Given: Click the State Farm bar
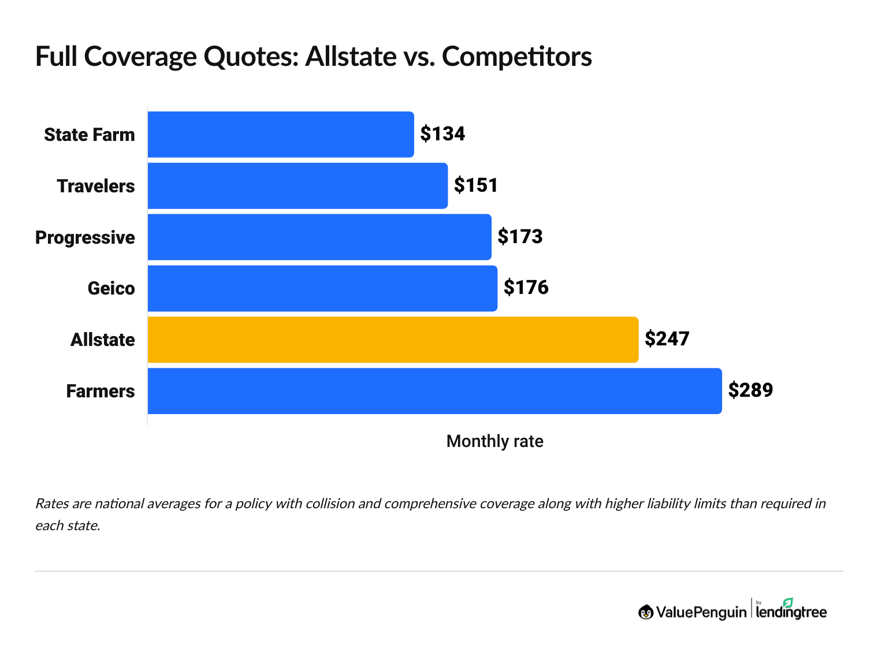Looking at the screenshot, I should pyautogui.click(x=281, y=135).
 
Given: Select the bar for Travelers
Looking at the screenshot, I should pyautogui.click(x=297, y=186).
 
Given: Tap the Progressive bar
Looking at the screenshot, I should pyautogui.click(x=319, y=237).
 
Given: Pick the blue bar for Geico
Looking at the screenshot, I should pyautogui.click(x=322, y=288).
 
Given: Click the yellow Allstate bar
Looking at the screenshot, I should pyautogui.click(x=393, y=340).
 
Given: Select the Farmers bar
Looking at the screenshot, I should pyautogui.click(x=434, y=391).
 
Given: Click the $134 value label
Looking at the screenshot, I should pyautogui.click(x=442, y=134).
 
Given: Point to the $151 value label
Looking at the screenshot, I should pyautogui.click(x=476, y=185).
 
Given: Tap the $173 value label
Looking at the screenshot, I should pyautogui.click(x=520, y=237).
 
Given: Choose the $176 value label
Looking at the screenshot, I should pyautogui.click(x=526, y=288).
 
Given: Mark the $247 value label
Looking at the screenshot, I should pyautogui.click(x=667, y=339).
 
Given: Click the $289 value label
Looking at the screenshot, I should pyautogui.click(x=750, y=390).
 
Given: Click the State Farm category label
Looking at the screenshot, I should pyautogui.click(x=90, y=135).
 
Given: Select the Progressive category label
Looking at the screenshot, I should pyautogui.click(x=85, y=238).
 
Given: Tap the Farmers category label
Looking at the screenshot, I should pyautogui.click(x=101, y=392).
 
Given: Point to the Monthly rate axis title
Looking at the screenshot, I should pyautogui.click(x=494, y=442).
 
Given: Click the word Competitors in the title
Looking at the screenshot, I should pyautogui.click(x=517, y=57).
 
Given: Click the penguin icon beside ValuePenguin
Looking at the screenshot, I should pyautogui.click(x=646, y=612).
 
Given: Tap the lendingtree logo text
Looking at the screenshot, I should pyautogui.click(x=791, y=612).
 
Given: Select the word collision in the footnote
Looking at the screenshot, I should pyautogui.click(x=330, y=504).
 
